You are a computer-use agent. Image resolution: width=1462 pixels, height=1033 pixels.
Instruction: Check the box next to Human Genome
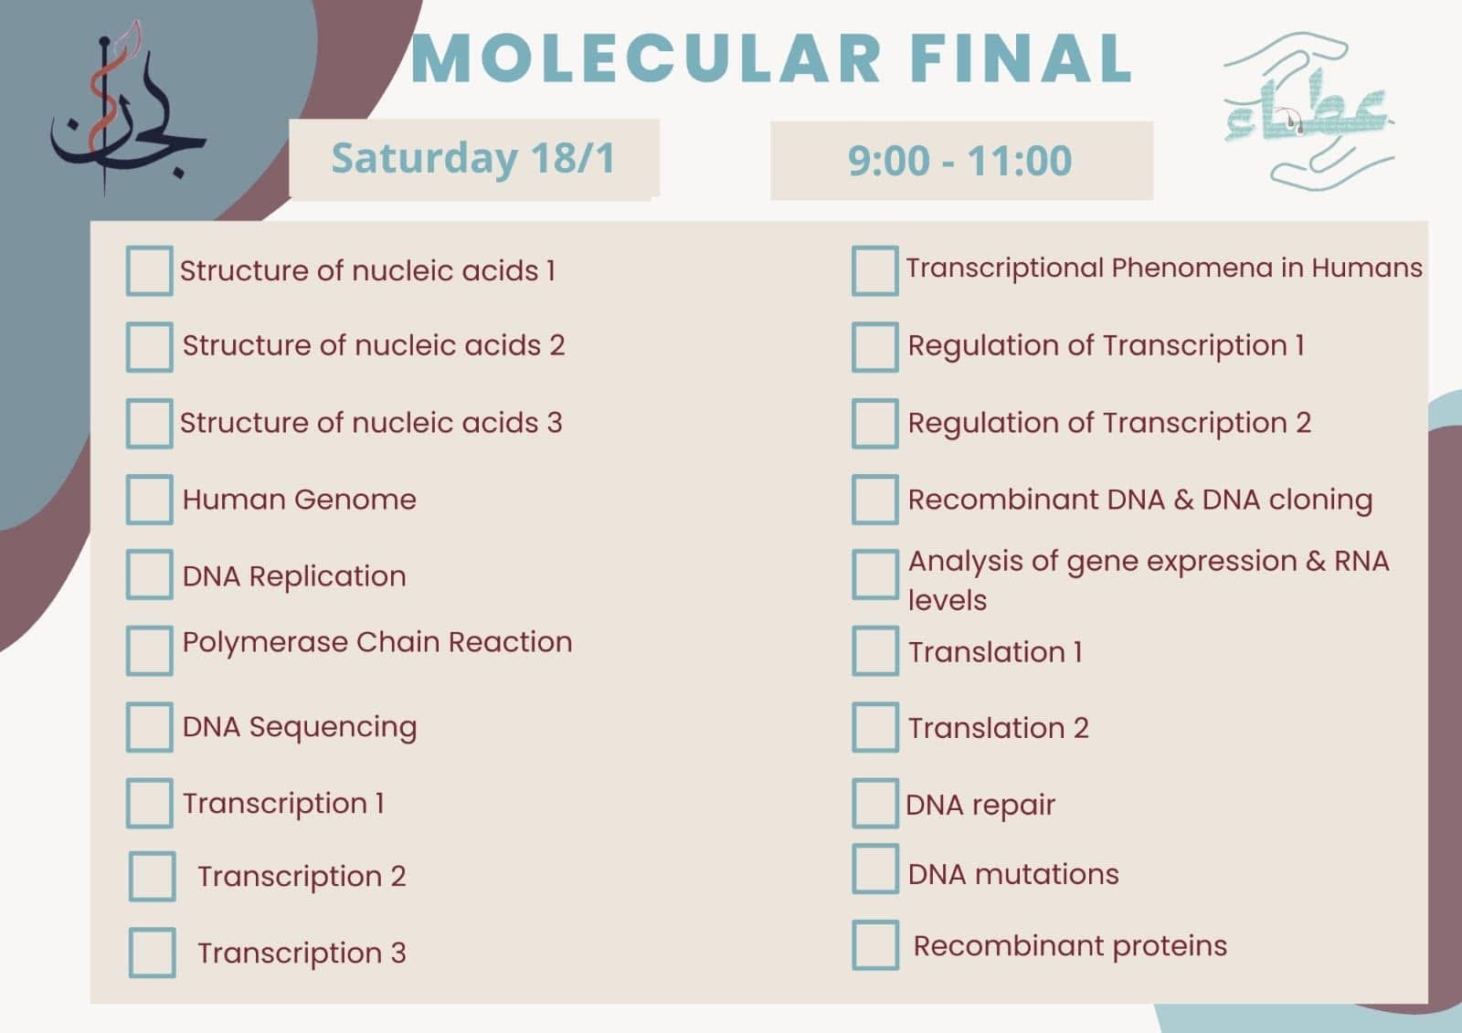[150, 500]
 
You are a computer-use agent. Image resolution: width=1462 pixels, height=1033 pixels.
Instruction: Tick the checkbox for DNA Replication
[150, 574]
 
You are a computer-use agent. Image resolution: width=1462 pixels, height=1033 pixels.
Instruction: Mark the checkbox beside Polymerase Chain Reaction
[150, 650]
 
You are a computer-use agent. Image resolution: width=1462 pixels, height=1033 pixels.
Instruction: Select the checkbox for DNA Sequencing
[150, 727]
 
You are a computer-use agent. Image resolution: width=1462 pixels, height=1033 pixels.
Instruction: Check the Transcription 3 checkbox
[152, 952]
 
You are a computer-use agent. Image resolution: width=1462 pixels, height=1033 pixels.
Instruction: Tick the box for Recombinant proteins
[875, 945]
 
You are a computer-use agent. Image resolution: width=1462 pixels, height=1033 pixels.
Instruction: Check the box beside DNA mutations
[875, 869]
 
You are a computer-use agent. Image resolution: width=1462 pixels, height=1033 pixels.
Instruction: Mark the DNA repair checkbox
[875, 803]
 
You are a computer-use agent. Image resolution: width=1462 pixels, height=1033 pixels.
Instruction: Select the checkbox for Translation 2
[875, 727]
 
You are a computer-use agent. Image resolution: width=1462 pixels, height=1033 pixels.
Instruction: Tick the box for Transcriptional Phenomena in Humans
[875, 271]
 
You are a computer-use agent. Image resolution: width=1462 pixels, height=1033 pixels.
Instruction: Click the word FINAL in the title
[1021, 58]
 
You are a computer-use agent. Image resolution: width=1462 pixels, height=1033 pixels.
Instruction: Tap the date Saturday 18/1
[473, 159]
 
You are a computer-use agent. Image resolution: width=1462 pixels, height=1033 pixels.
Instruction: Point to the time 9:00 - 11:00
[959, 161]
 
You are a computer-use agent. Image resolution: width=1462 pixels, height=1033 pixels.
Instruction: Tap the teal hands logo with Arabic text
[1308, 111]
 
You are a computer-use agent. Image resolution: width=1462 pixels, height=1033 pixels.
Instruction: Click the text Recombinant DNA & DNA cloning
[1140, 500]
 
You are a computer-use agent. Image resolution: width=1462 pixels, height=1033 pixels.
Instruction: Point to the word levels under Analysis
[947, 600]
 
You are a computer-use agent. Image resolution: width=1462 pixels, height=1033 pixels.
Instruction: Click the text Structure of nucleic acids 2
[374, 345]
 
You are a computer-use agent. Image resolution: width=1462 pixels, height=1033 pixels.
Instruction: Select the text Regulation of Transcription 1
[1107, 346]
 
